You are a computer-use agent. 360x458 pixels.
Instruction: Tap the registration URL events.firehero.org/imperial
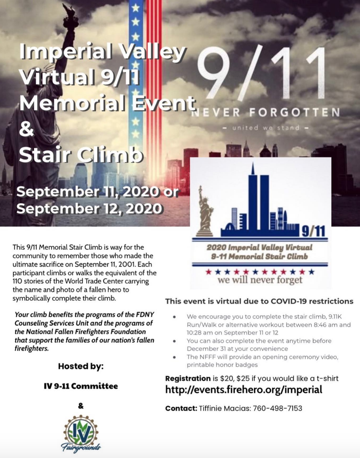pyautogui.click(x=244, y=390)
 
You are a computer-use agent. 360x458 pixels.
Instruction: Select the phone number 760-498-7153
pyautogui.click(x=277, y=408)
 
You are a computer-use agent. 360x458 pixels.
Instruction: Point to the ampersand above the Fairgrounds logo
pyautogui.click(x=81, y=406)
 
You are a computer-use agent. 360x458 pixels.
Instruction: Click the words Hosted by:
pyautogui.click(x=81, y=366)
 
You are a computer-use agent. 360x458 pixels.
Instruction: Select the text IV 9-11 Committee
pyautogui.click(x=81, y=386)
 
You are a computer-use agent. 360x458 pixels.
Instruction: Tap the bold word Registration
pyautogui.click(x=188, y=378)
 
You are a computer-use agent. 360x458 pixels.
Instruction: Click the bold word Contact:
pyautogui.click(x=181, y=408)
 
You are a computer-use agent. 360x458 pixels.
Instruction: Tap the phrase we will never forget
pyautogui.click(x=260, y=280)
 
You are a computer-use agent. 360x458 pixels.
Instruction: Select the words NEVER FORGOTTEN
pyautogui.click(x=266, y=112)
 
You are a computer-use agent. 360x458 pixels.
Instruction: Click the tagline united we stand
pyautogui.click(x=266, y=127)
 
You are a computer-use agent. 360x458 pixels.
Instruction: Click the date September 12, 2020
pyautogui.click(x=89, y=208)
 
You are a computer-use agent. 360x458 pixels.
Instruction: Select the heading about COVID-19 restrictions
pyautogui.click(x=259, y=301)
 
